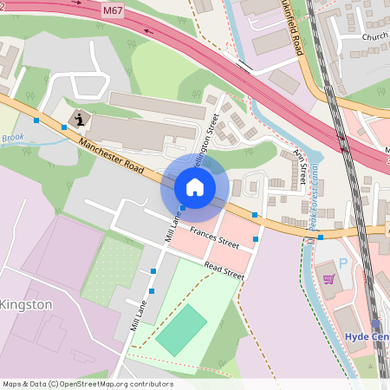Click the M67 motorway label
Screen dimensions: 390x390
point(113,11)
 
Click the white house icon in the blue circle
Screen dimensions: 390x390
point(195,187)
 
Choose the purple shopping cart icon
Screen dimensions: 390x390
point(328,279)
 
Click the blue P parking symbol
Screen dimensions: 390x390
point(343,263)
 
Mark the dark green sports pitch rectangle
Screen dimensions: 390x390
point(182,329)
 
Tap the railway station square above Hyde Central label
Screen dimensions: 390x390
point(375,322)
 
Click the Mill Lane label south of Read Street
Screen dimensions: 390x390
point(134,315)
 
